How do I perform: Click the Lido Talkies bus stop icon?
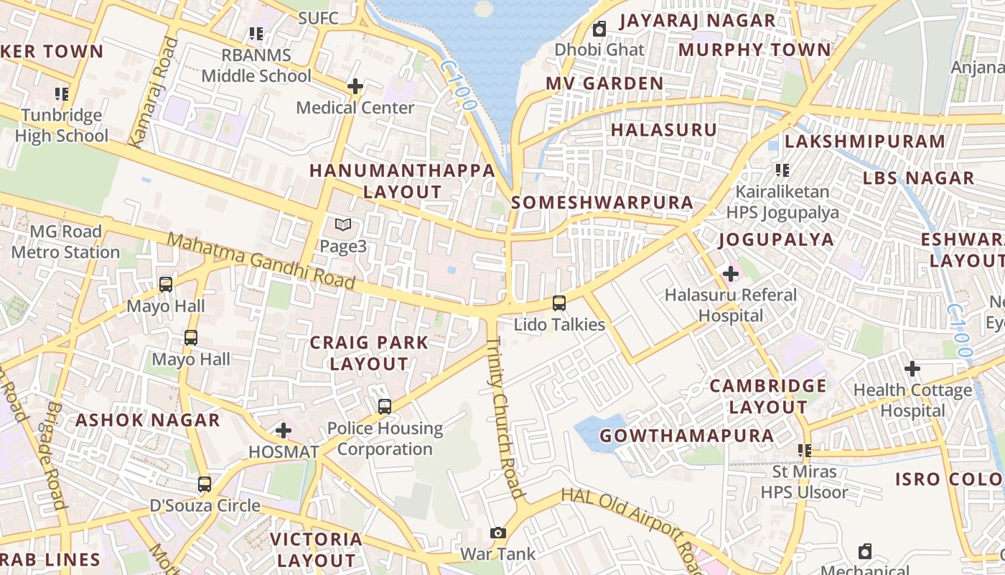click(x=559, y=303)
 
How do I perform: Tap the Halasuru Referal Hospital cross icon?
click(x=731, y=274)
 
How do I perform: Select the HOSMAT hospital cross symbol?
click(x=284, y=431)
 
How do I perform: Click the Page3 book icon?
click(x=343, y=226)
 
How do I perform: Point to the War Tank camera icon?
click(x=498, y=533)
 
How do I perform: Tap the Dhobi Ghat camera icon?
click(x=599, y=29)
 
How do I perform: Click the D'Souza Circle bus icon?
click(x=205, y=484)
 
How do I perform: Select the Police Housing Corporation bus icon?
click(x=385, y=407)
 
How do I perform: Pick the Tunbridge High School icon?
click(x=62, y=93)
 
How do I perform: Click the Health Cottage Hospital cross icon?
click(x=912, y=369)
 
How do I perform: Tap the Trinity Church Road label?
click(x=505, y=418)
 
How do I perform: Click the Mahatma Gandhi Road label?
click(x=261, y=261)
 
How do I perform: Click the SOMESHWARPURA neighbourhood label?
click(x=602, y=203)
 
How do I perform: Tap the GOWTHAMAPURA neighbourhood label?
click(x=687, y=436)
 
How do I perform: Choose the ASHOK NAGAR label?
click(x=148, y=420)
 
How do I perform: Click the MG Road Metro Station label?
click(x=65, y=241)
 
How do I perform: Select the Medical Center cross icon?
click(x=355, y=87)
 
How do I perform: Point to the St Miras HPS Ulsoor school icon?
click(x=805, y=451)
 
